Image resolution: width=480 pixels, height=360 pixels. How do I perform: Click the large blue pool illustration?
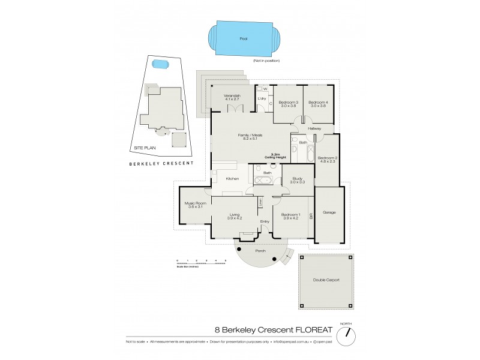[242, 39]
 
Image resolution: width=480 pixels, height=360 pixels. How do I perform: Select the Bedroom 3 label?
[289, 104]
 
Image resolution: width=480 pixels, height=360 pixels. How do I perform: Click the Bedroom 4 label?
[317, 104]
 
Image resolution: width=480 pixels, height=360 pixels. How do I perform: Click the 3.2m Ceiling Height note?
[277, 156]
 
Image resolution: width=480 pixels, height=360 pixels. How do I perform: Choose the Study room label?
[298, 180]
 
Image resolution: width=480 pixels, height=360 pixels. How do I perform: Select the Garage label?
[329, 212]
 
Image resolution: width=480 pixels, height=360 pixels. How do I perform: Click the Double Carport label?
[326, 280]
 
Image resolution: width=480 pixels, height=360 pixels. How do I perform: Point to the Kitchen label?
[233, 179]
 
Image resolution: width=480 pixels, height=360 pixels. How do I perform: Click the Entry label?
[265, 221]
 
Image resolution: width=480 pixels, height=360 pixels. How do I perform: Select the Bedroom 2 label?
[328, 159]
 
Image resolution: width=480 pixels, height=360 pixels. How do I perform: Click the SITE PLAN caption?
[145, 146]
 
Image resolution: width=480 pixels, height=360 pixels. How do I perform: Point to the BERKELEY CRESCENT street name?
[161, 164]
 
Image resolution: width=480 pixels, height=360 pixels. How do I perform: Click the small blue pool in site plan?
[160, 64]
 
